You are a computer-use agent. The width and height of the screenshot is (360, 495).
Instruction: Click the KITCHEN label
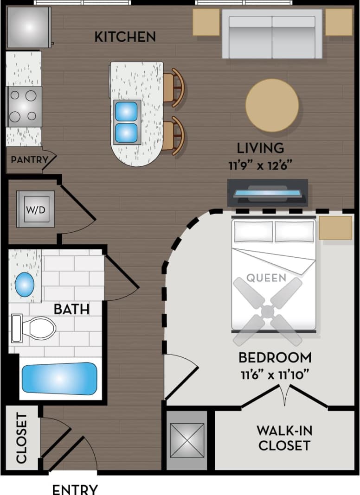(125, 37)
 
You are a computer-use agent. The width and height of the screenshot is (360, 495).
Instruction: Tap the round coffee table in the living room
(272, 105)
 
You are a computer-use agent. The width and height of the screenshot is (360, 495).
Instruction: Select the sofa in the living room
(272, 34)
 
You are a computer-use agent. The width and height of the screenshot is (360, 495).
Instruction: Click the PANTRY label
(29, 160)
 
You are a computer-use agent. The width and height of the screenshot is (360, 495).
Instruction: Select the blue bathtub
(60, 378)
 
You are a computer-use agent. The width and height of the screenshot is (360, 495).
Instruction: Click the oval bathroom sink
(25, 285)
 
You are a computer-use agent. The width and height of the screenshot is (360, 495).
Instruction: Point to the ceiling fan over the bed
(268, 311)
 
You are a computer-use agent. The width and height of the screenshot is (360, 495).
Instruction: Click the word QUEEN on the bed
(266, 278)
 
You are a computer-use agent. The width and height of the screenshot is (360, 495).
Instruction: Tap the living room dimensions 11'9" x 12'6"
(260, 164)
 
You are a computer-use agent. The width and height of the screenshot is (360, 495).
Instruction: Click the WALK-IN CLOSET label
(284, 438)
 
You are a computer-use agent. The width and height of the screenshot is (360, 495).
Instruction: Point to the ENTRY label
(75, 489)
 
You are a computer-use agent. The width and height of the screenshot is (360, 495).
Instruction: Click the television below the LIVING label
(268, 192)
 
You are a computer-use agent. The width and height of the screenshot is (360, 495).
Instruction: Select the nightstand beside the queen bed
(335, 228)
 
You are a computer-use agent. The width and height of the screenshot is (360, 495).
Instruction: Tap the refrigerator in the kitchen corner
(28, 27)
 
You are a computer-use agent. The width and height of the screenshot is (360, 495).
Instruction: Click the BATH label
(71, 309)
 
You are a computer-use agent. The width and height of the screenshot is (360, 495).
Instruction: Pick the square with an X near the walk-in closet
(187, 439)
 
